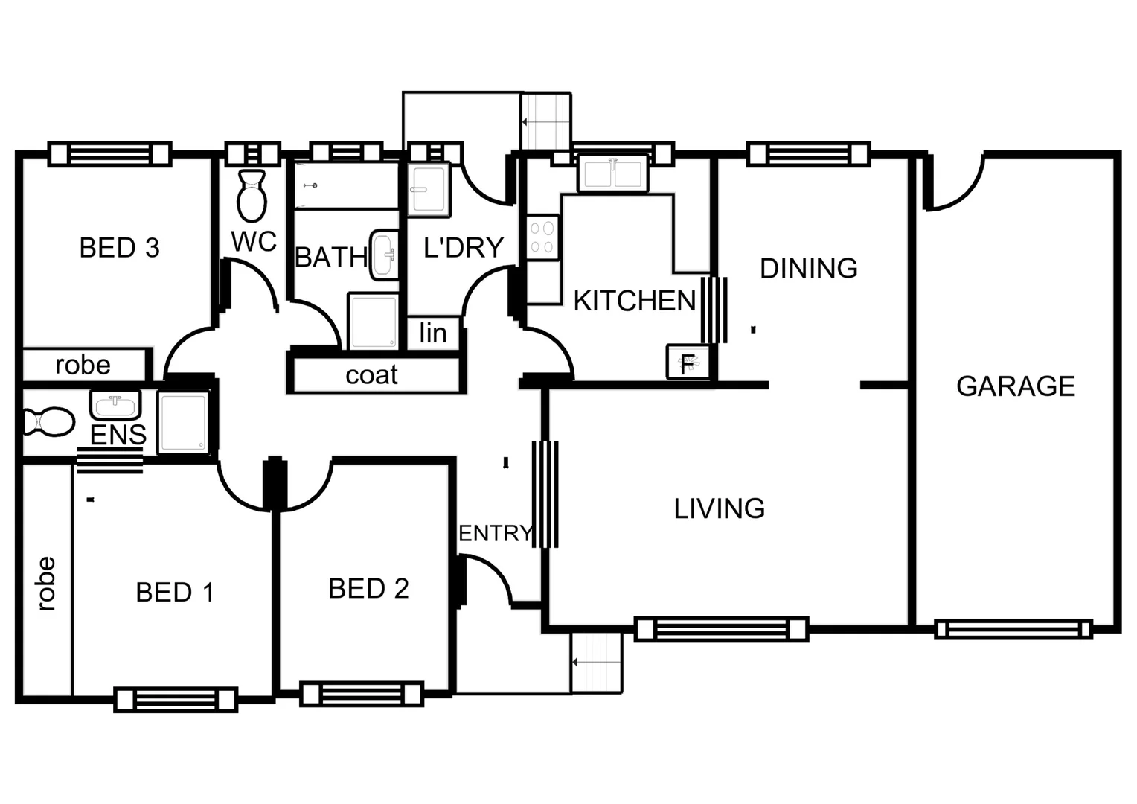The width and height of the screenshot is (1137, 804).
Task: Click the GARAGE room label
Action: [x=1015, y=386]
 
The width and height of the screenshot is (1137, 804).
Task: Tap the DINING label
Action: [x=808, y=268]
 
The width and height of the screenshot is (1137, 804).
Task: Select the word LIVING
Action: [x=719, y=508]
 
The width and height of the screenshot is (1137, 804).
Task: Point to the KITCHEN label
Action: [x=634, y=301]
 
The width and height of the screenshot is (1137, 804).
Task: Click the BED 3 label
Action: [x=119, y=248]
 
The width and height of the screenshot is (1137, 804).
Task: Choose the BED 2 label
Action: [x=368, y=589]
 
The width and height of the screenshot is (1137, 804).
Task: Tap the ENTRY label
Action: [x=495, y=534]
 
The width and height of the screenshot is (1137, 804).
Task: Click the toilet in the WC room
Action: [x=252, y=195]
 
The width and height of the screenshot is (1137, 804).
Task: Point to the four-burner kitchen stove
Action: [x=542, y=237]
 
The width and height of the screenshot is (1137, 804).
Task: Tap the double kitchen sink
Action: [x=612, y=174]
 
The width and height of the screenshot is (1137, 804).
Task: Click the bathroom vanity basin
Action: [x=385, y=255]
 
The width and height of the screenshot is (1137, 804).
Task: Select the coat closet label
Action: [x=371, y=375]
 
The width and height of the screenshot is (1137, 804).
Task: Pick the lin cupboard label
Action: [x=432, y=333]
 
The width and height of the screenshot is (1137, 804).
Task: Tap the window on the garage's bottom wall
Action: [x=1013, y=629]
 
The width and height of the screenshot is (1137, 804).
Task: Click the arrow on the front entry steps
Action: [x=588, y=662]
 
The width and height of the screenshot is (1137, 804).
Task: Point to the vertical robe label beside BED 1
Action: [x=46, y=584]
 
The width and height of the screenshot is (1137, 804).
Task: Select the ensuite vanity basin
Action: [x=115, y=406]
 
